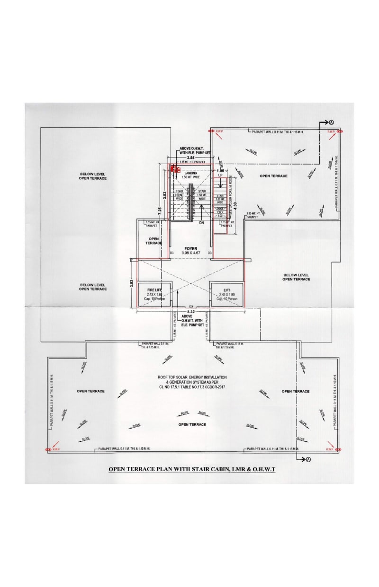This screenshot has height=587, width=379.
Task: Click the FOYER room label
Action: (x=190, y=248)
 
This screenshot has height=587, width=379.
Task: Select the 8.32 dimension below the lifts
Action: (x=191, y=312)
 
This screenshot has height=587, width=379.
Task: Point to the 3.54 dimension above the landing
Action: (x=191, y=157)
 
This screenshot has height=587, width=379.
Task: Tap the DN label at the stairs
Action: (x=201, y=222)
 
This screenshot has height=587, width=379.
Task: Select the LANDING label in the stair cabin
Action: (x=190, y=173)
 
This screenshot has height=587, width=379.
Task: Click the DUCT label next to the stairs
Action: (x=220, y=209)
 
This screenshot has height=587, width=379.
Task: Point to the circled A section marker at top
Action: (x=332, y=122)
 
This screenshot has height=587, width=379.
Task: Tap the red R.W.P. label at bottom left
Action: (x=56, y=449)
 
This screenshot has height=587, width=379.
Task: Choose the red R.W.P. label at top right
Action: (x=331, y=131)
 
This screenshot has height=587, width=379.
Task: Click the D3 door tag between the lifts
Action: (x=191, y=307)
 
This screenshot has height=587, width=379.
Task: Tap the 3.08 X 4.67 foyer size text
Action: (x=190, y=254)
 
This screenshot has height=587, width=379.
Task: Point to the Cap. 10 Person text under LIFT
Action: (x=226, y=299)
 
